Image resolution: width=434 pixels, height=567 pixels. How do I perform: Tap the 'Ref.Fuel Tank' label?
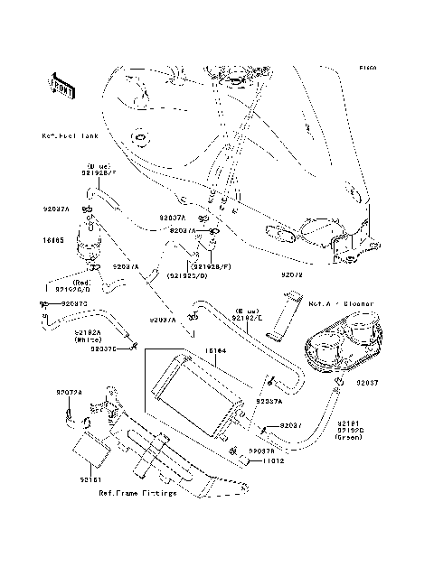click(x=70, y=136)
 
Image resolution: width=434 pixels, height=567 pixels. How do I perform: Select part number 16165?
click(x=52, y=241)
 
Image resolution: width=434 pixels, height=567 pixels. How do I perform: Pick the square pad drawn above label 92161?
click(x=90, y=445)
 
